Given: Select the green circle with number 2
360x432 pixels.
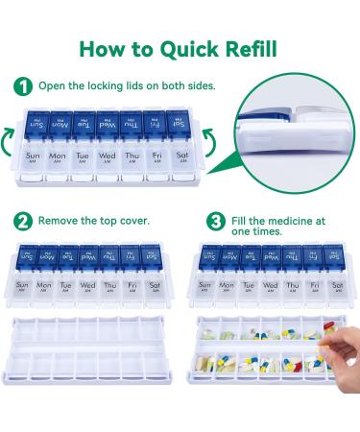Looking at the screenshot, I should tap(22, 221).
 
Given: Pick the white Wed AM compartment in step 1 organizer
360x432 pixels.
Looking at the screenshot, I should tap(108, 162).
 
